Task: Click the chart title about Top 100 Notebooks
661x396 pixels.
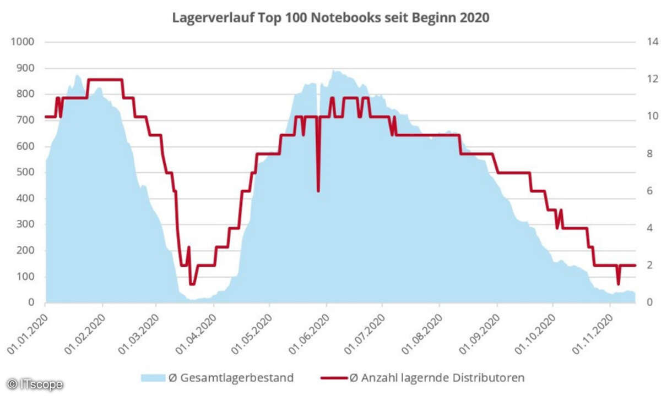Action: tap(330, 18)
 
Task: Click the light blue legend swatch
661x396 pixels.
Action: tap(153, 378)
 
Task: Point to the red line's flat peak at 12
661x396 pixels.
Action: tap(105, 80)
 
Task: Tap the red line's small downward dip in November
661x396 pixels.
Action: tap(618, 283)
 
